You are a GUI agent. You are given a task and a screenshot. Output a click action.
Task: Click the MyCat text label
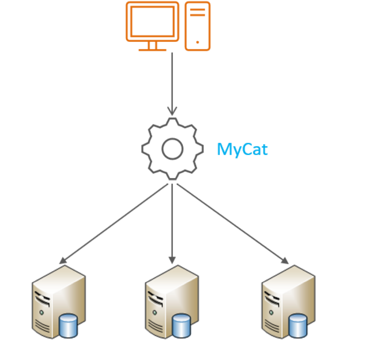(x=242, y=149)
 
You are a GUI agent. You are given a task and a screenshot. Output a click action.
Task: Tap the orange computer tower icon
(x=197, y=26)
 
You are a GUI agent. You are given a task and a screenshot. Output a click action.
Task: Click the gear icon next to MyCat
(x=172, y=148)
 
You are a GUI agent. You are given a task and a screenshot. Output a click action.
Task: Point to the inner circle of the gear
(x=172, y=149)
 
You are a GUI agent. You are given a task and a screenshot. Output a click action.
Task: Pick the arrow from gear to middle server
(x=172, y=222)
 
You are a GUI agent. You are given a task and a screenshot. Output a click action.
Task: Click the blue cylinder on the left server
(x=68, y=325)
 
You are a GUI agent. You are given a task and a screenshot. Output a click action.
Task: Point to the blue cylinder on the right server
(x=298, y=325)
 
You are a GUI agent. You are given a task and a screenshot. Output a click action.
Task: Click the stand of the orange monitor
(x=152, y=46)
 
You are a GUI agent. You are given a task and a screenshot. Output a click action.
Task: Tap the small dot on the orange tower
(x=197, y=42)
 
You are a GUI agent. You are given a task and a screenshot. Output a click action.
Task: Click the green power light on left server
(x=42, y=313)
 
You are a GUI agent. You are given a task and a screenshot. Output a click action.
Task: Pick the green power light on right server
(x=271, y=313)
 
